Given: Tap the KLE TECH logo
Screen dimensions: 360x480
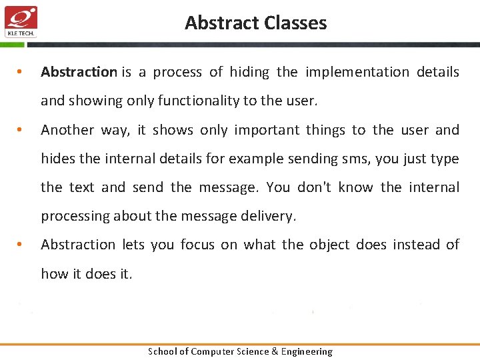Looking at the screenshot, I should tap(21, 21).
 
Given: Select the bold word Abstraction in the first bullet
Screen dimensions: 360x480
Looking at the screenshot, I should tap(79, 72).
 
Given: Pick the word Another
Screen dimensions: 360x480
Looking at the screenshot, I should tap(67, 130).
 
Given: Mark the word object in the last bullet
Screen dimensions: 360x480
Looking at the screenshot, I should tap(329, 245).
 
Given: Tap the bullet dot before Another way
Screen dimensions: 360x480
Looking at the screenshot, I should tap(21, 130).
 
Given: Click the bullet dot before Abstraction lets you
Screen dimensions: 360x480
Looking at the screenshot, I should tap(21, 245).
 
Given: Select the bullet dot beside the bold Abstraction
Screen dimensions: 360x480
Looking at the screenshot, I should tap(21, 72).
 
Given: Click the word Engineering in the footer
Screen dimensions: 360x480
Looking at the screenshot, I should tap(306, 351).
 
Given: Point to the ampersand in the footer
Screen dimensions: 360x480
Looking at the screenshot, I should tap(274, 351).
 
